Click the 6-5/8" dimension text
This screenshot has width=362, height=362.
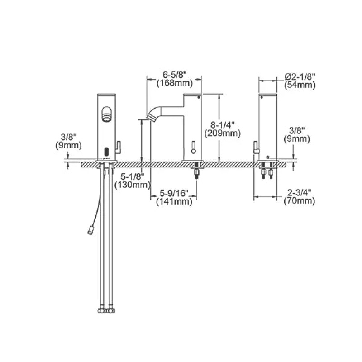pos(174,75)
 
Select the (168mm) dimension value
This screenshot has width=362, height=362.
pos(175,83)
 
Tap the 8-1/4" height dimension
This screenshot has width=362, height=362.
pos(222,125)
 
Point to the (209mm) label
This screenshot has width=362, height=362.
pos(222,133)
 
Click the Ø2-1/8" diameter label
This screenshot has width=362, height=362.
pos(300,76)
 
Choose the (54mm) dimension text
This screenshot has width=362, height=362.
pos(300,85)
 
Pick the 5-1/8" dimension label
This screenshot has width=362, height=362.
pos(132,176)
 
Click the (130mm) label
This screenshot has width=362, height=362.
pos(133,185)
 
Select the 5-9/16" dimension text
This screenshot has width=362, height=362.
pos(174,193)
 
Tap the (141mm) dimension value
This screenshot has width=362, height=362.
pos(174,201)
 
